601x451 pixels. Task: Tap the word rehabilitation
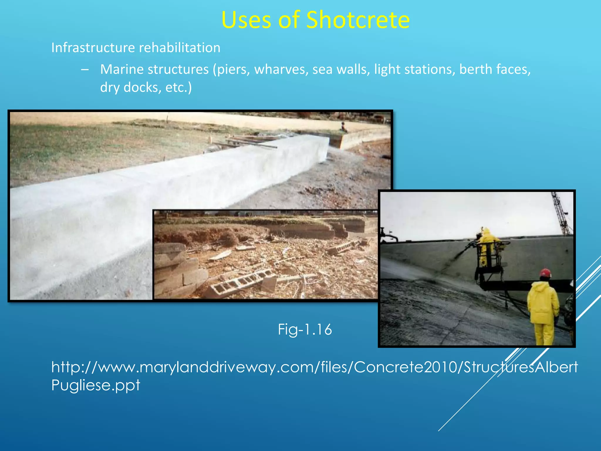coord(180,48)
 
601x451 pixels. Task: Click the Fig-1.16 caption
coord(305,329)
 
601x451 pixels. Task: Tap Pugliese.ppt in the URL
coord(96,385)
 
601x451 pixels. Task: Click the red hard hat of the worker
coord(545,272)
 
